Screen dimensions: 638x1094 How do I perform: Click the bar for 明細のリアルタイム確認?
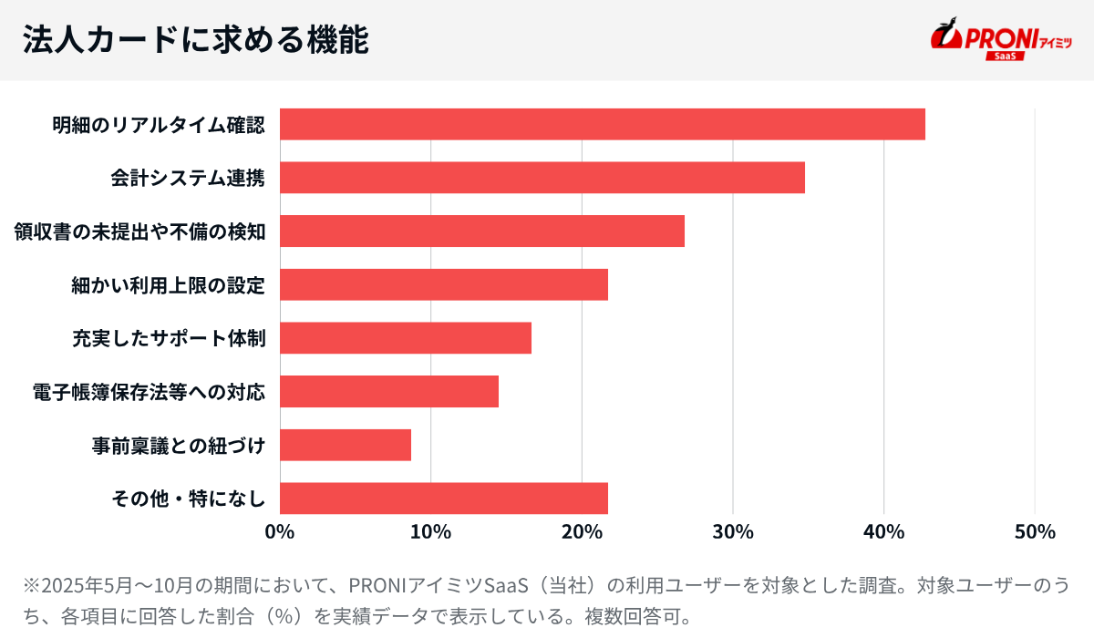point(602,124)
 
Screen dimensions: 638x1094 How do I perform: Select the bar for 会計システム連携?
point(542,178)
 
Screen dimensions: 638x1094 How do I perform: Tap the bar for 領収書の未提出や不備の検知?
point(481,232)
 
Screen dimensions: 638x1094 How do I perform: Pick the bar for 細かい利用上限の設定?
point(443,285)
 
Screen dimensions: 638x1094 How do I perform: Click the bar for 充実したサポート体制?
point(405,338)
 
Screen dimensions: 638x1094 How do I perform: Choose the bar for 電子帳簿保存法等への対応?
point(388,392)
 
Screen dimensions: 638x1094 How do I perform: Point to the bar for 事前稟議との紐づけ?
point(345,446)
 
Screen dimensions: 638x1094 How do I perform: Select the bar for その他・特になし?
point(443,499)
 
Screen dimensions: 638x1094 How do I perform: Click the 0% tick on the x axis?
point(280,532)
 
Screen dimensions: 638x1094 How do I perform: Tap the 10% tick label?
point(430,532)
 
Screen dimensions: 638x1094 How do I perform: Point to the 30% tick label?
point(733,532)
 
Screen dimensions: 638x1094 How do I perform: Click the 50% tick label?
point(1035,532)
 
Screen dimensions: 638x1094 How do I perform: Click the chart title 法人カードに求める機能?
point(195,40)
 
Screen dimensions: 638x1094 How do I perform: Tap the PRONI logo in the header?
point(989,36)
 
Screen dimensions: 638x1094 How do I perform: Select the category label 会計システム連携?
point(188,179)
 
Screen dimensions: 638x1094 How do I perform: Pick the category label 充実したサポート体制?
point(169,339)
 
